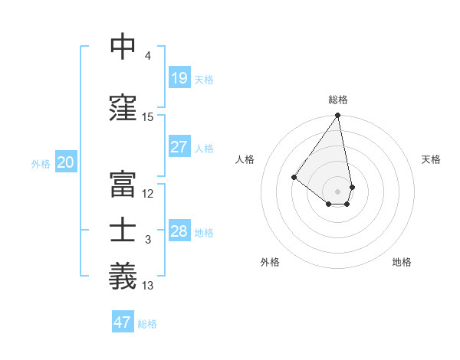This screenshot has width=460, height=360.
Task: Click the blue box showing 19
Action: click(179, 78)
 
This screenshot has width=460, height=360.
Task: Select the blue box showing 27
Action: click(179, 147)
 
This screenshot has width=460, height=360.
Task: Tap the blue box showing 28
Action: click(179, 231)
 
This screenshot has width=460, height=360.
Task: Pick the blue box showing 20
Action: click(66, 162)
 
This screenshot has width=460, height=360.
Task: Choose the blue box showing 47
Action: click(123, 322)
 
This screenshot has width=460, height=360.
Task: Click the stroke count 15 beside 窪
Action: click(148, 117)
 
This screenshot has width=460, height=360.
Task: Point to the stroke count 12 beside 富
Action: click(148, 194)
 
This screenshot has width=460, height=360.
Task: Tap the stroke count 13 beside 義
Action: click(148, 286)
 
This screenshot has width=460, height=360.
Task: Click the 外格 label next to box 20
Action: click(41, 163)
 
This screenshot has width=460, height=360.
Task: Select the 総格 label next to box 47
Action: click(147, 324)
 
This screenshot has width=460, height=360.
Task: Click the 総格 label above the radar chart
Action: click(337, 100)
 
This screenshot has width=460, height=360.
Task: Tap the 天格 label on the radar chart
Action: click(432, 159)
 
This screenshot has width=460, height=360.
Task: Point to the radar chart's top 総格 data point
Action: click(337, 116)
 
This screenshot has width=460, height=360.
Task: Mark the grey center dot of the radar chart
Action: click(337, 191)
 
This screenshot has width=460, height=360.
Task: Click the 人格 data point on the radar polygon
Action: click(294, 177)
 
